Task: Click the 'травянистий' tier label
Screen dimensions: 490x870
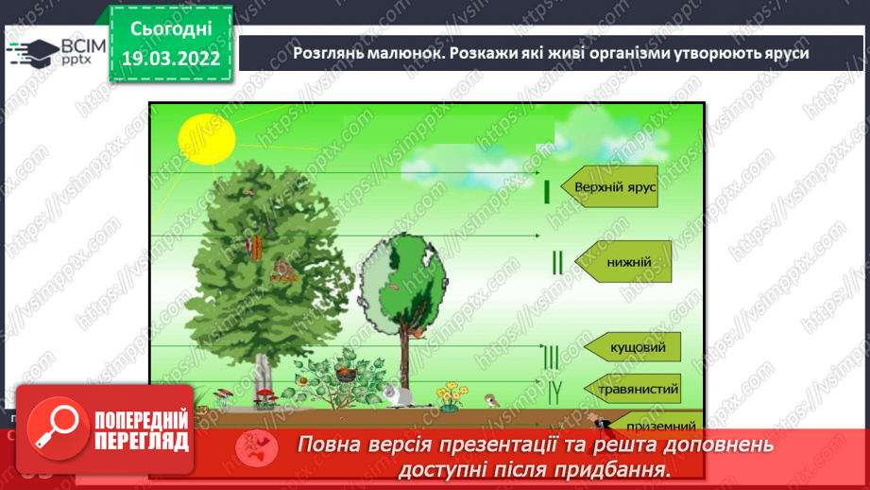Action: pyautogui.click(x=639, y=388)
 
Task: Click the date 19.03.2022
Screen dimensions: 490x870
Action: pyautogui.click(x=171, y=58)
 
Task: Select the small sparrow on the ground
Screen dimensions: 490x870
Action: pyautogui.click(x=491, y=400)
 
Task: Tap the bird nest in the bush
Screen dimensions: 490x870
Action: pyautogui.click(x=345, y=375)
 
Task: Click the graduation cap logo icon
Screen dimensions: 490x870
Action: pyautogui.click(x=33, y=51)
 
